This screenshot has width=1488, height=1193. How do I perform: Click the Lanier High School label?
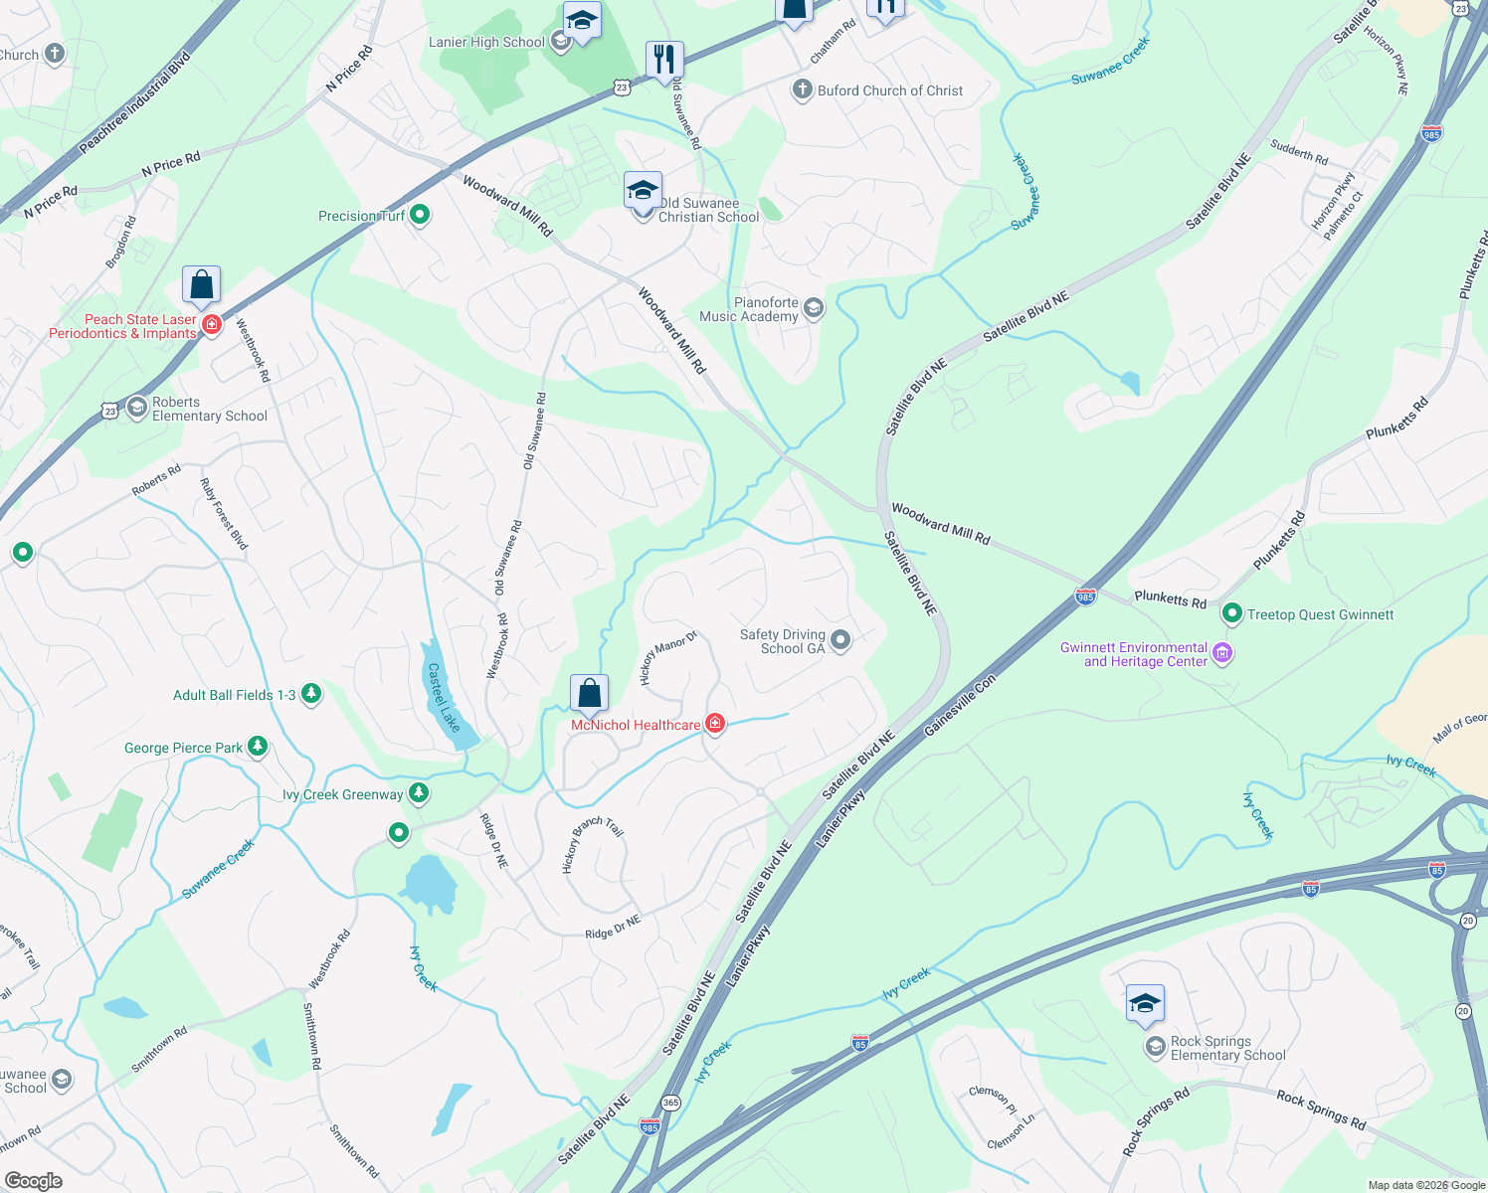pyautogui.click(x=486, y=42)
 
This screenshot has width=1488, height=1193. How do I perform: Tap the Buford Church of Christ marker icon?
pyautogui.click(x=802, y=90)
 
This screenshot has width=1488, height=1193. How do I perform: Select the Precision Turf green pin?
pyautogui.click(x=420, y=215)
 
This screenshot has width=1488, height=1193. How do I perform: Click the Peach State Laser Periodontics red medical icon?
pyautogui.click(x=211, y=324)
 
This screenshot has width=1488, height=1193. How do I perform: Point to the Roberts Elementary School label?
pyautogui.click(x=209, y=409)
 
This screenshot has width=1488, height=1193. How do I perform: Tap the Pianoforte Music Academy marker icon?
pyautogui.click(x=814, y=308)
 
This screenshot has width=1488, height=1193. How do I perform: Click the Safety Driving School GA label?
pyautogui.click(x=782, y=641)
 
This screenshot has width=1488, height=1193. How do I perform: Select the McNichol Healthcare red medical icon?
pyautogui.click(x=714, y=724)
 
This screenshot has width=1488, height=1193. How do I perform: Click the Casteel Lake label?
pyautogui.click(x=444, y=698)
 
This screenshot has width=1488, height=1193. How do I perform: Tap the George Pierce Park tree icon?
pyautogui.click(x=258, y=747)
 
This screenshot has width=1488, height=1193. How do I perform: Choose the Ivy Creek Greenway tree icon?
pyautogui.click(x=420, y=793)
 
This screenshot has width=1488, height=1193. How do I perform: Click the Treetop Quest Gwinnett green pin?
pyautogui.click(x=1232, y=614)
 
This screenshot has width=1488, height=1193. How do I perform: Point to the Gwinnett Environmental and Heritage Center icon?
pyautogui.click(x=1223, y=653)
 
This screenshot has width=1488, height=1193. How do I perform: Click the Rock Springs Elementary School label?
pyautogui.click(x=1227, y=1048)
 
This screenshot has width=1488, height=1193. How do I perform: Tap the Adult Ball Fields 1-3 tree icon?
pyautogui.click(x=311, y=694)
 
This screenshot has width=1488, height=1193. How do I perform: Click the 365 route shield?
pyautogui.click(x=670, y=1103)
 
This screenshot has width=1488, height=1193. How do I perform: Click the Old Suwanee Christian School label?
pyautogui.click(x=708, y=210)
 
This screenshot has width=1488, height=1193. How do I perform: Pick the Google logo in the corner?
pyautogui.click(x=34, y=1180)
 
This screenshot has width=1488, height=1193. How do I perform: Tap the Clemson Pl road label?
pyautogui.click(x=993, y=1101)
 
